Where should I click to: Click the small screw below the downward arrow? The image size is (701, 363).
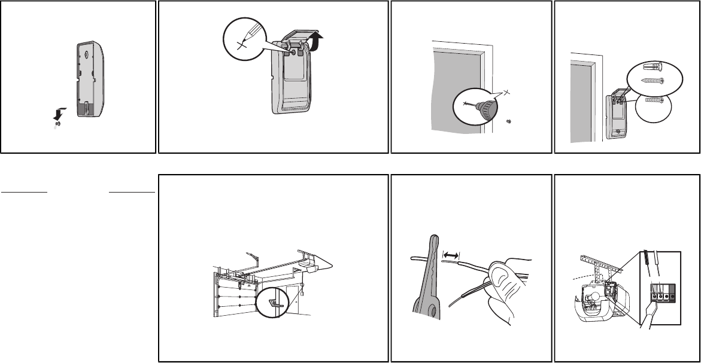(x=57, y=124)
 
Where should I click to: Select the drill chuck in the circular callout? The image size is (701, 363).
(x=488, y=109)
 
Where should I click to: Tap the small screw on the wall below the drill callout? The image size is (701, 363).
(x=508, y=121)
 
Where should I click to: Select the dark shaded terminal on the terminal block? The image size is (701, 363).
(x=675, y=295)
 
